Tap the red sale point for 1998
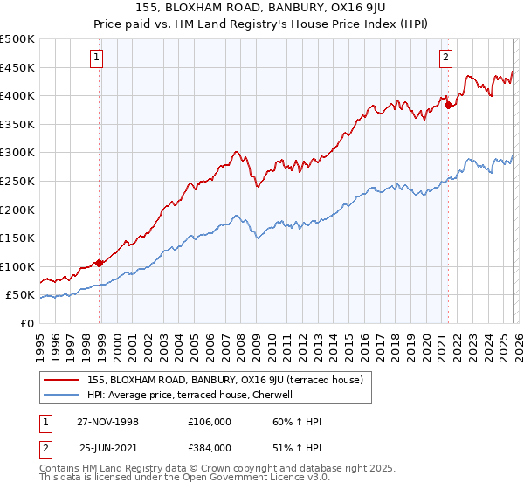[x=100, y=263]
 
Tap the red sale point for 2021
[x=449, y=106]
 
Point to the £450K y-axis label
[x=17, y=67]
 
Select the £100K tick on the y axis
[x=17, y=266]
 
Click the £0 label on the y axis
[x=25, y=323]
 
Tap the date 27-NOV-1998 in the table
[x=107, y=421]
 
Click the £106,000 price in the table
[x=209, y=421]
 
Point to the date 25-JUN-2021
[x=108, y=447]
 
